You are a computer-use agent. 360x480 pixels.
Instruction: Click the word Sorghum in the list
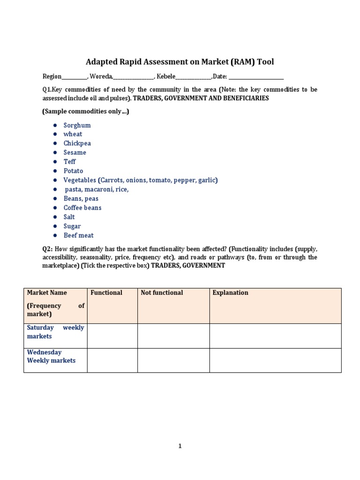click(x=77, y=125)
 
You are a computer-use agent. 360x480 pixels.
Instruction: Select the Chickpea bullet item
click(x=77, y=143)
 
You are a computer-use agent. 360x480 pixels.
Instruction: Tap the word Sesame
click(x=75, y=152)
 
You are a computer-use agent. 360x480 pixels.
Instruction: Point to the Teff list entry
click(x=69, y=162)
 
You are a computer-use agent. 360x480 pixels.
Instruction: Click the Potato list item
click(x=73, y=171)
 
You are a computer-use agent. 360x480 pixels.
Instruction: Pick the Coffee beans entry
click(x=82, y=208)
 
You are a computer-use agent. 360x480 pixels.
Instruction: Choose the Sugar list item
click(x=72, y=226)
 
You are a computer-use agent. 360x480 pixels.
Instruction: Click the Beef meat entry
click(x=78, y=235)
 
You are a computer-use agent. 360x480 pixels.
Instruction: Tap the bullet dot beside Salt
click(x=55, y=217)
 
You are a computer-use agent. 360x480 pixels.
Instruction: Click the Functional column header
click(x=106, y=292)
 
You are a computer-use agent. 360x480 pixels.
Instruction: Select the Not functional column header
click(x=162, y=292)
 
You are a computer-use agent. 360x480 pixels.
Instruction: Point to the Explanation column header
click(x=230, y=292)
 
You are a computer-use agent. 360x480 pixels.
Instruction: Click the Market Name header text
click(x=47, y=292)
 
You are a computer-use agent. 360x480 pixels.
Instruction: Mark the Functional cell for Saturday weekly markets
click(x=112, y=336)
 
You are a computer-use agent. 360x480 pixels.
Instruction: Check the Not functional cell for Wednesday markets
click(x=173, y=360)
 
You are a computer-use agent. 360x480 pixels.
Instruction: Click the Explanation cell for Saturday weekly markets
click(x=275, y=336)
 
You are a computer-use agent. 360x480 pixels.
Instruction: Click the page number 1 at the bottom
click(x=180, y=446)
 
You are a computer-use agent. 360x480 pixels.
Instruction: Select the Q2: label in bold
click(x=48, y=249)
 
